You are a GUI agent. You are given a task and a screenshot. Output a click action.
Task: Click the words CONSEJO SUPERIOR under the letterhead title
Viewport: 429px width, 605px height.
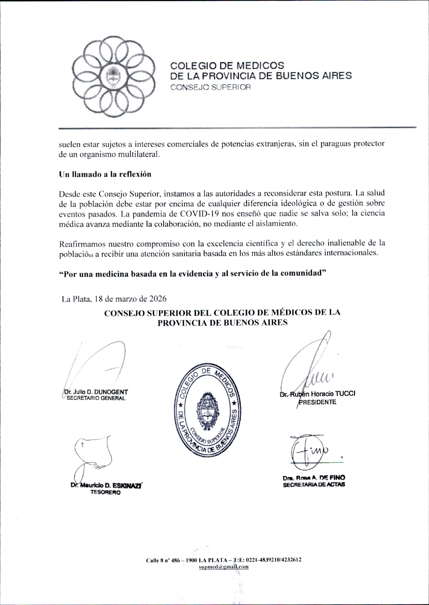[x=210, y=87]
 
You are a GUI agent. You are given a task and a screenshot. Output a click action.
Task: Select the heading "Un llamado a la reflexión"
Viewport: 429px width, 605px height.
[x=105, y=174]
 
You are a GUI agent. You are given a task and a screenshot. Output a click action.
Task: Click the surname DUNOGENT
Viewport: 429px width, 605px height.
[x=111, y=392]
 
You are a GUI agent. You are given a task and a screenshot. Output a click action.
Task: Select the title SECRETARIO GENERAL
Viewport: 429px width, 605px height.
[x=96, y=398]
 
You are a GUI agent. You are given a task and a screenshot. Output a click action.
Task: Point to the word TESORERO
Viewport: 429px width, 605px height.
[x=106, y=493]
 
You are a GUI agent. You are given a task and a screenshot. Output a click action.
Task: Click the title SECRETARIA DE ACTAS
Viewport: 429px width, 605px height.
[x=314, y=485]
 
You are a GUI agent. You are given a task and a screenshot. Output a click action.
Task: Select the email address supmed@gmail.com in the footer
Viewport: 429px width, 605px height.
[x=223, y=567]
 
